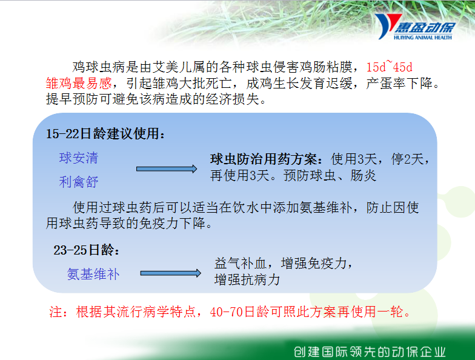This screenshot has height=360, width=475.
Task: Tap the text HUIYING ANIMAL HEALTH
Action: tap(423, 38)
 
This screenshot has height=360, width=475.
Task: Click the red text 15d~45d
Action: tap(389, 67)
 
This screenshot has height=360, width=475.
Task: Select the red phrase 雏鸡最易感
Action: tap(79, 83)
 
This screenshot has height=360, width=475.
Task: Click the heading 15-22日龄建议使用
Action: tap(105, 133)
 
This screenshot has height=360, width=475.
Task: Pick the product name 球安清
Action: tap(79, 158)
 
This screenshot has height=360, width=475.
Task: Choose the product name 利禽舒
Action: tap(79, 182)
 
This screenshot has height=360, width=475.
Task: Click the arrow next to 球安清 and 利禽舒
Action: tap(167, 168)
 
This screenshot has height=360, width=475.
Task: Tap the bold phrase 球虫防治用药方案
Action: tap(263, 159)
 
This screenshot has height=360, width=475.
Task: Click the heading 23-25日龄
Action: tap(86, 250)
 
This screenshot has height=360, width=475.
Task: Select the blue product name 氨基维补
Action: tap(93, 274)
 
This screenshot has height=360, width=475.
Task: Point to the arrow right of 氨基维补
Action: tap(171, 273)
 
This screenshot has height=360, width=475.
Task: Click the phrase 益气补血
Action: tap(241, 263)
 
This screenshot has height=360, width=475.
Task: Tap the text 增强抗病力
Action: tap(247, 279)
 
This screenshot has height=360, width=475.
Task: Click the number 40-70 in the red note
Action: tap(227, 312)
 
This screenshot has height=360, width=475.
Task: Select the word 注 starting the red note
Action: tap(56, 312)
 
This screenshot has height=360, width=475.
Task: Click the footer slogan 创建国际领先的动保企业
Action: tap(370, 352)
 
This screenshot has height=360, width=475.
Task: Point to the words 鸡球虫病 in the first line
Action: tap(98, 67)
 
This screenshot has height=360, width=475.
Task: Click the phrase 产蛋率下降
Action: tap(399, 83)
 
